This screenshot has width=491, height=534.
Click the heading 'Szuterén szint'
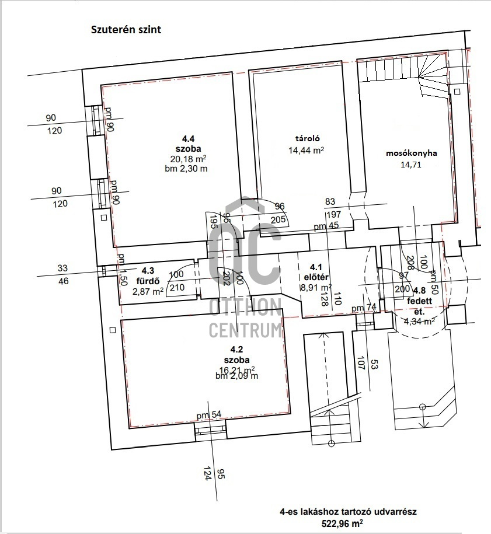pos(126,30)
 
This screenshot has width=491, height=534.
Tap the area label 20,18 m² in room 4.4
pos(188,158)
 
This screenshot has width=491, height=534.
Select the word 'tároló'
pos(307,139)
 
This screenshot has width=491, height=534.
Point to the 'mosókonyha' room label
pos(411,153)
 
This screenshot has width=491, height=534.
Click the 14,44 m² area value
pos(306,150)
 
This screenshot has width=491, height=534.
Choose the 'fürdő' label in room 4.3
pos(148,281)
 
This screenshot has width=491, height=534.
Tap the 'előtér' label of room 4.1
pos(316,277)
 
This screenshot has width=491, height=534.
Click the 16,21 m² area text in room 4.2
pos(238,369)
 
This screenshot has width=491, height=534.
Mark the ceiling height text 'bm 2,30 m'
pos(186,169)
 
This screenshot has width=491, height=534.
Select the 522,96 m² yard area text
pos(342,523)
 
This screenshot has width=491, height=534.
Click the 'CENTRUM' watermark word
pos(246,329)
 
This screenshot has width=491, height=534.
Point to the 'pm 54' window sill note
pos(209,415)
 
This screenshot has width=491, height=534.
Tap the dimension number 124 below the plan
pos(206,474)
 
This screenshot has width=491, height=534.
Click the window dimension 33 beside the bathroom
pos(62,268)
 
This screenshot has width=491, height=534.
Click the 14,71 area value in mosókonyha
pos(411,165)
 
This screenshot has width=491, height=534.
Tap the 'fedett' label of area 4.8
pos(419,301)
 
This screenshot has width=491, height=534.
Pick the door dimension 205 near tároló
pos(278,219)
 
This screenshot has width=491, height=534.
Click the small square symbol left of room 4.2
pos(113,330)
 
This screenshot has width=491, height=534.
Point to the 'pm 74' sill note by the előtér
pos(364,308)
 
